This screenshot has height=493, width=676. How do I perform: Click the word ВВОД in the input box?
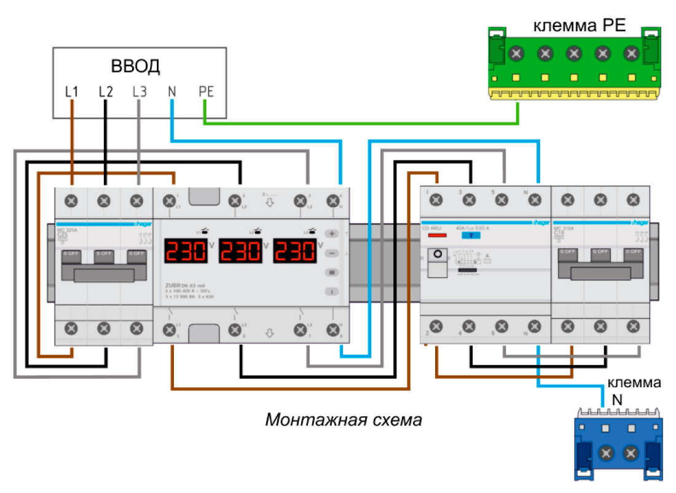point(135,66)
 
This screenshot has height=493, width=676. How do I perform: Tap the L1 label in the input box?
point(73,92)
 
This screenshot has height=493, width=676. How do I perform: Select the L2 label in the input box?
point(106,92)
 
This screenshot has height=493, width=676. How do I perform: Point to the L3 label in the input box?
point(140,92)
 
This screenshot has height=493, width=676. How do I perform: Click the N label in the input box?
point(172,92)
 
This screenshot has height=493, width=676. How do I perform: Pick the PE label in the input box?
point(206,92)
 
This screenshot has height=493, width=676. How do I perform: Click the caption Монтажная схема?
point(344,420)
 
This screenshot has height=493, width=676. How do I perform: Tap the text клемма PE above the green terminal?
point(579,26)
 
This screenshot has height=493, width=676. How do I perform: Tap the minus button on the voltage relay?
point(332,253)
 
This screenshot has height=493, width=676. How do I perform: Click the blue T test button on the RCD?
point(470,235)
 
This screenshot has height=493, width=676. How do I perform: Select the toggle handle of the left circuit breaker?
point(103,274)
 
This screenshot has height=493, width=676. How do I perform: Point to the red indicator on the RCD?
point(437,235)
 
